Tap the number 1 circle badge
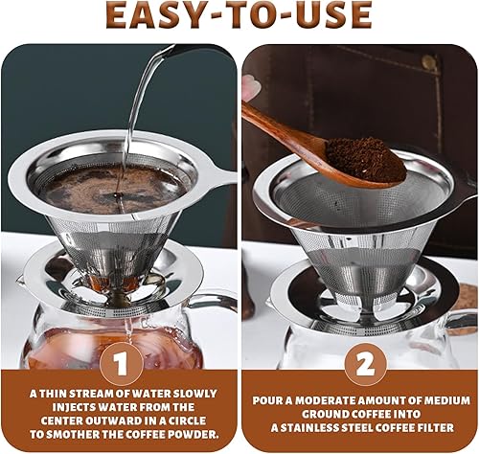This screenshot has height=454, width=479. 122,364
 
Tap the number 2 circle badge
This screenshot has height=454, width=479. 365,364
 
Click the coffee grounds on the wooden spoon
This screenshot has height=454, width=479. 365,159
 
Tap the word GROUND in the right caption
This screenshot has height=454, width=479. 325,414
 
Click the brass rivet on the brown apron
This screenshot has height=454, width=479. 428,60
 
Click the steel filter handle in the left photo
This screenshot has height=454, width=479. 220,178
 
